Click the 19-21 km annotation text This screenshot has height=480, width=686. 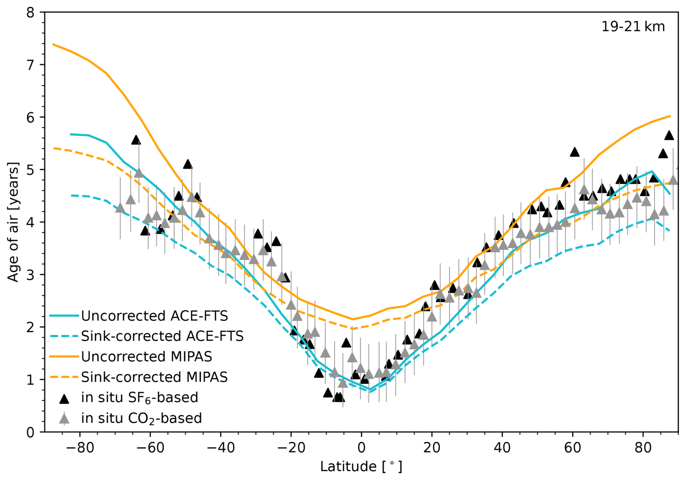tap(633, 27)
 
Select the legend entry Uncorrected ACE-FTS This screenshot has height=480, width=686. tap(154, 316)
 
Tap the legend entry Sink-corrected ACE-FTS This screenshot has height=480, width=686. tap(162, 336)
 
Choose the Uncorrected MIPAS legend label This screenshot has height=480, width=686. tap(146, 356)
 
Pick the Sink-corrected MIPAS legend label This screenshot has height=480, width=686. tap(154, 377)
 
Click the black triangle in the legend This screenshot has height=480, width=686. tap(64, 399)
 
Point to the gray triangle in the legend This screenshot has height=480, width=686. tap(64, 419)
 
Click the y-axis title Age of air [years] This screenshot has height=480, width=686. tap(13, 222)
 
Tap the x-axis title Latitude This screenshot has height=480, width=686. tap(361, 466)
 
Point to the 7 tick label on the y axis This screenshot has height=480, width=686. tap(30, 65)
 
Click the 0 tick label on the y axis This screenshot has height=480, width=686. tap(30, 432)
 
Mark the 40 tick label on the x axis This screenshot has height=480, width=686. tap(502, 448)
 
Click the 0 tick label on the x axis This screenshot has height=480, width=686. tap(361, 448)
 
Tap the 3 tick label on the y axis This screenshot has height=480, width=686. tap(30, 275)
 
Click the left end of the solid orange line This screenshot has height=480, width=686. tap(53, 44)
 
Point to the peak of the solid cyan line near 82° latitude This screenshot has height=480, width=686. tap(652, 171)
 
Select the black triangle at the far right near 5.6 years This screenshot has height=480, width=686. tap(669, 136)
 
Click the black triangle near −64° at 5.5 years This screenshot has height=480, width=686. tap(136, 140)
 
